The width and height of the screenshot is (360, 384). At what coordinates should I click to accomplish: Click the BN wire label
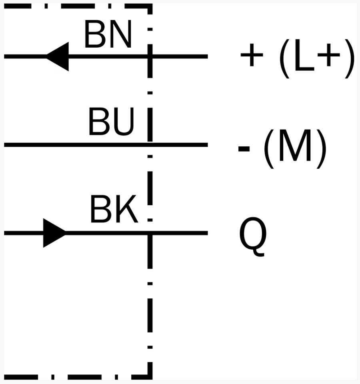coord(108,34)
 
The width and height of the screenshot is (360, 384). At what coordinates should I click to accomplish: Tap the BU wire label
coord(112,121)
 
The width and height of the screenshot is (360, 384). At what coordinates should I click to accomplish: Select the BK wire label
coord(114,209)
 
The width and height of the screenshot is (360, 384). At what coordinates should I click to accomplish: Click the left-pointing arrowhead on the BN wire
coord(58,56)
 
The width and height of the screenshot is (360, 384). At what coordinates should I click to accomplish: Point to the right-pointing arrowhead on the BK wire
coord(54,233)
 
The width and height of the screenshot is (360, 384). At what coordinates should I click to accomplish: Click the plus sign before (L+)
coord(252,55)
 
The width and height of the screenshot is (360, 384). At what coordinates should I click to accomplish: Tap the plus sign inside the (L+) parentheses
coord(329,55)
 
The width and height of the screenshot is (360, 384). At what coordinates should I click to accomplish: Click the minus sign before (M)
coord(244,149)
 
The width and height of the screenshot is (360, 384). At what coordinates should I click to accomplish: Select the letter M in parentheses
coord(295,146)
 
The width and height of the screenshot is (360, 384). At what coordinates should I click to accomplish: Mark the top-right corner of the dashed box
coord(150,6)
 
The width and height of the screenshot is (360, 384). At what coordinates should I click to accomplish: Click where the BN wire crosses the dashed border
coord(150,56)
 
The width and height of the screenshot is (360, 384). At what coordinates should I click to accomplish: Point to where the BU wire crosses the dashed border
coord(150,145)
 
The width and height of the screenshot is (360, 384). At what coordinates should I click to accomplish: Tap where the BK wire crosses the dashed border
coord(150,233)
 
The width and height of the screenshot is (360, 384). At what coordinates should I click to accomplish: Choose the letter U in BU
coord(124,122)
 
